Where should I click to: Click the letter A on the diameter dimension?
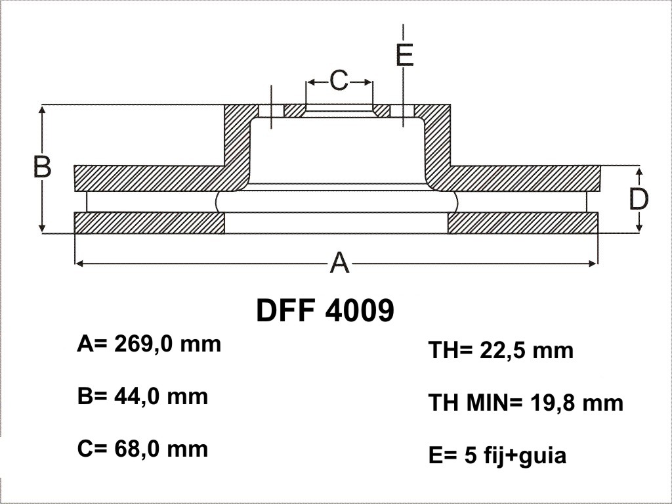339,262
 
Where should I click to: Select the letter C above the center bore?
339,80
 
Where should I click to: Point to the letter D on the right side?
639,198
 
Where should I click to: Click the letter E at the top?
404,55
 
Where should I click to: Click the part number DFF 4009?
325,310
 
